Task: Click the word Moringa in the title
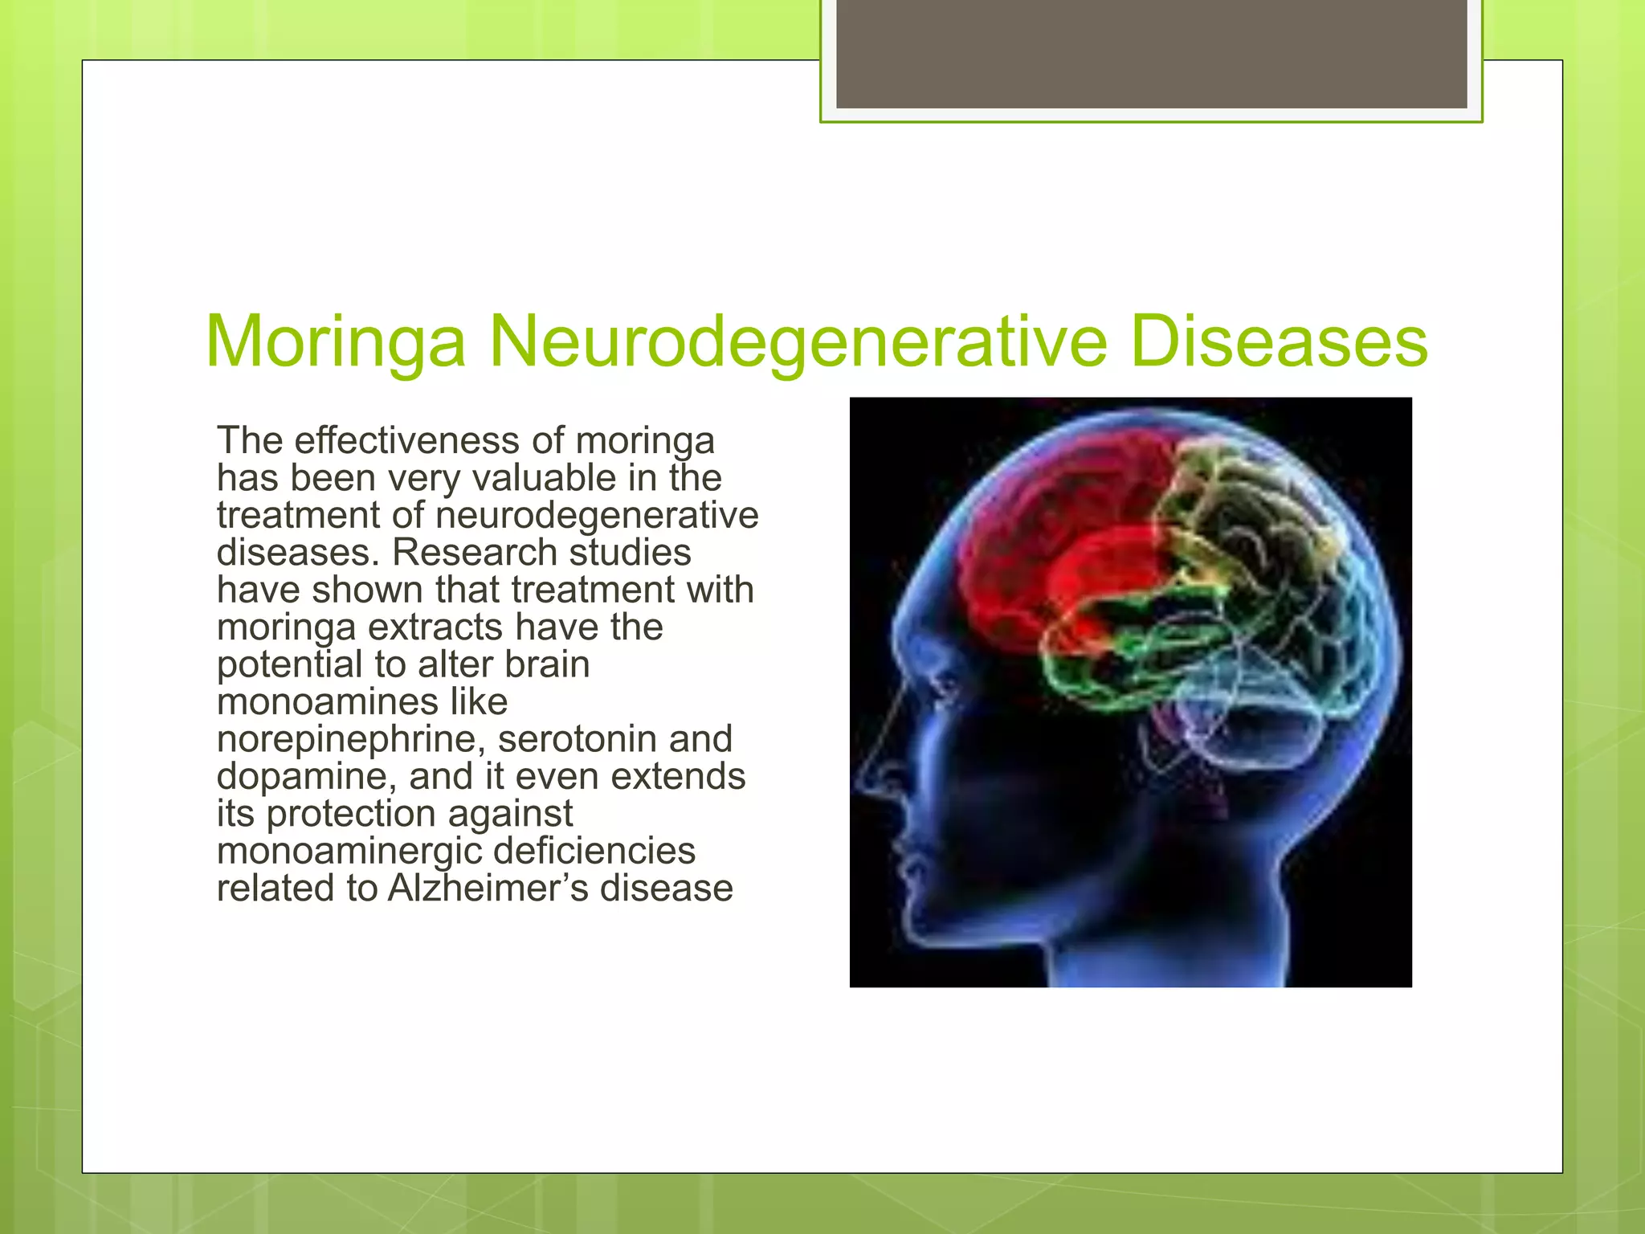335,343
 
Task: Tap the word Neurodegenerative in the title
798,343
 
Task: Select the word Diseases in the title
1279,343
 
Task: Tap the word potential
290,665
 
